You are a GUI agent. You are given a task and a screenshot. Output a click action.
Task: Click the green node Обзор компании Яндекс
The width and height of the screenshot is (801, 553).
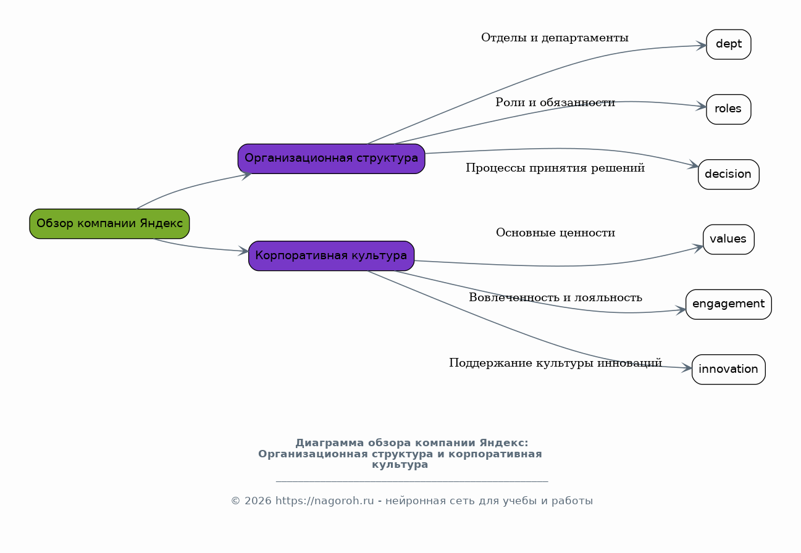[109, 223]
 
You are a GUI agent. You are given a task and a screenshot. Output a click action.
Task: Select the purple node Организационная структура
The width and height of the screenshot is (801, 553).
[331, 159]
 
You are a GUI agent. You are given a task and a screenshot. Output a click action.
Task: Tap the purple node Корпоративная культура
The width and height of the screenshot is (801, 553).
[331, 256]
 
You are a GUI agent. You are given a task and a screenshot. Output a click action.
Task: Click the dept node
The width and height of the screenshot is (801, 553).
[728, 44]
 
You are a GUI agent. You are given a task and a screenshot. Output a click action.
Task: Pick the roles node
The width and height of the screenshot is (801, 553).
[728, 109]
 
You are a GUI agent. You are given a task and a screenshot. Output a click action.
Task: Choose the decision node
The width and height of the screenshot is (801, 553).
[728, 174]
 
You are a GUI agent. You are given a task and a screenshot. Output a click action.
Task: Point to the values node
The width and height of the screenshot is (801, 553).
[728, 239]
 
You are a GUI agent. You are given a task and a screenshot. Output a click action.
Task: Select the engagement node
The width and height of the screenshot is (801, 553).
[728, 304]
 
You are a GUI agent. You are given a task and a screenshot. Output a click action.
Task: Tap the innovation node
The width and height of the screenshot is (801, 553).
[728, 369]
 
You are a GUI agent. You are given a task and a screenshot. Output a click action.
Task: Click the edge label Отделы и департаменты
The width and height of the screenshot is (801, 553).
[555, 38]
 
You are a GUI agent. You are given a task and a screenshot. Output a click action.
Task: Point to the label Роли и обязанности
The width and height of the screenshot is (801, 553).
[555, 102]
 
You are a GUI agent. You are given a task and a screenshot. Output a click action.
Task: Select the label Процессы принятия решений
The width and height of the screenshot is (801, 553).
[555, 168]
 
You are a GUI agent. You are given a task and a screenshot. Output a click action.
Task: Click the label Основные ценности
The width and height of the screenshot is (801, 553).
[555, 233]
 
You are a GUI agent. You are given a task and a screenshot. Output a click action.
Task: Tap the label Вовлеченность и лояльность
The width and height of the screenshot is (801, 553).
[555, 297]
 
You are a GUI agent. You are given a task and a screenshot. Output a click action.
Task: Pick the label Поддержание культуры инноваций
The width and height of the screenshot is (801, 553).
[555, 363]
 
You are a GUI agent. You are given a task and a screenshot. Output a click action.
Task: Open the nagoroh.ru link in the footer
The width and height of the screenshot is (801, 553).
[324, 501]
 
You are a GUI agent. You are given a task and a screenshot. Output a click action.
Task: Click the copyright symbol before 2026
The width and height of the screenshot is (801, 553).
[235, 501]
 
